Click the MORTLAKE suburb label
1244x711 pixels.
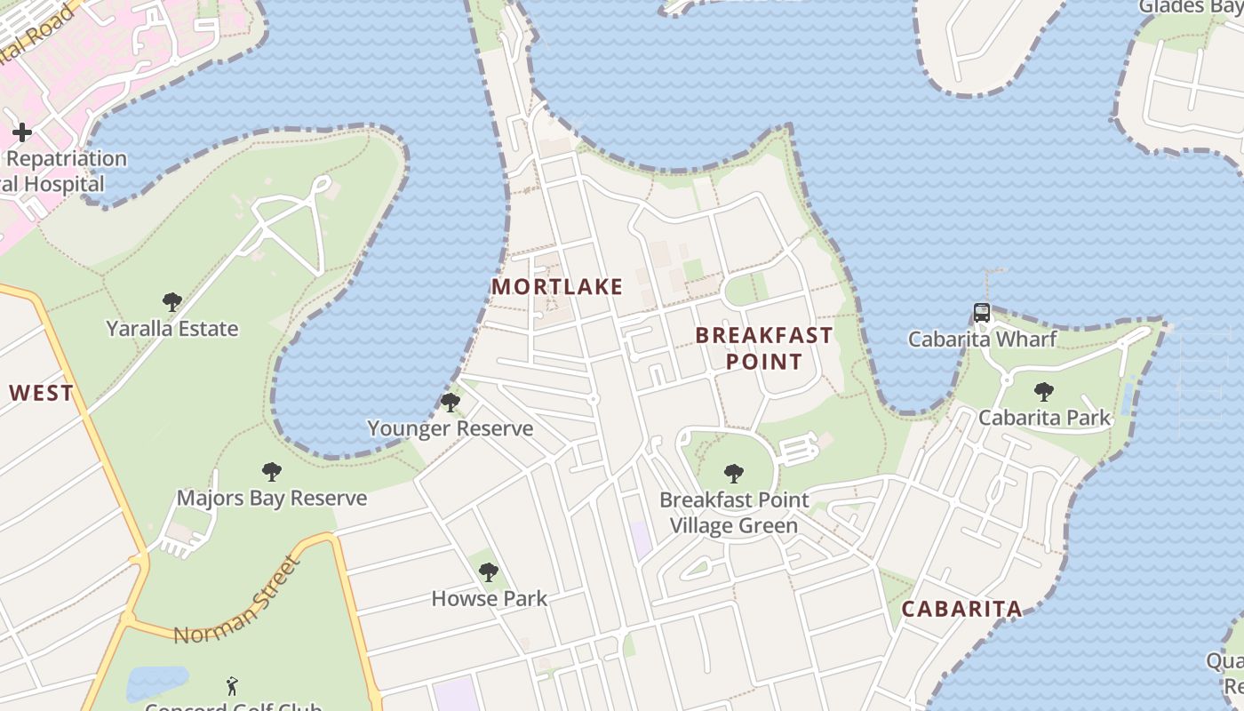pos(557,286)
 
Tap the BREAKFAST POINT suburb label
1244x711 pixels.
pos(764,348)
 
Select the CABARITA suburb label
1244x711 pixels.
pos(961,609)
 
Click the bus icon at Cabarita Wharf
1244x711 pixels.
pos(982,313)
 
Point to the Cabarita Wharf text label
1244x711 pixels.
pos(982,339)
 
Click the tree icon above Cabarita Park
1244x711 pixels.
pos(1044,391)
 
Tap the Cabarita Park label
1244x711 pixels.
pos(1044,417)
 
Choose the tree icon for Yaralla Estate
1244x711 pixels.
pos(172,302)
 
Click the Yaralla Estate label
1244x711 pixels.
pos(172,328)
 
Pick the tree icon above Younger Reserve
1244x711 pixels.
pos(451,403)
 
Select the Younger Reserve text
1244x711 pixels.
pos(451,428)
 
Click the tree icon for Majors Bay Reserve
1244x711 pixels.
pos(272,472)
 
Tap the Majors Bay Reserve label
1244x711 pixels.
pos(272,498)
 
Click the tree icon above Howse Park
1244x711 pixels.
pos(489,572)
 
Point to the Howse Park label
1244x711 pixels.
pos(489,598)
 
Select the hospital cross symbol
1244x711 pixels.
pos(22,133)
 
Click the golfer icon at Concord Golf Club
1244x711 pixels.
pos(233,686)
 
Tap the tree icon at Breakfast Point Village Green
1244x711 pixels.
pos(734,474)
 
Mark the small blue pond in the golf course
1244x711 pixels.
pos(157,683)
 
